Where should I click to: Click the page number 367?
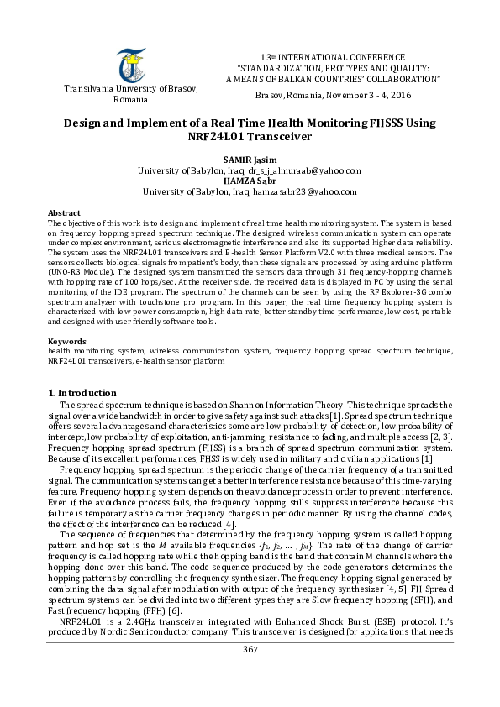[250, 673]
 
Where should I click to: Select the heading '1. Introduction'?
[82, 393]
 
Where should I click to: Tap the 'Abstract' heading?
[64, 214]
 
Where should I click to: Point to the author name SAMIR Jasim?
[250, 160]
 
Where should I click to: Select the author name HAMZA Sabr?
[250, 181]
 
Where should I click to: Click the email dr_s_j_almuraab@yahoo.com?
[305, 170]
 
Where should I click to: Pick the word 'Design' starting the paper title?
[85, 123]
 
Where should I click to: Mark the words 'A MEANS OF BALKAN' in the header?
[266, 79]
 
